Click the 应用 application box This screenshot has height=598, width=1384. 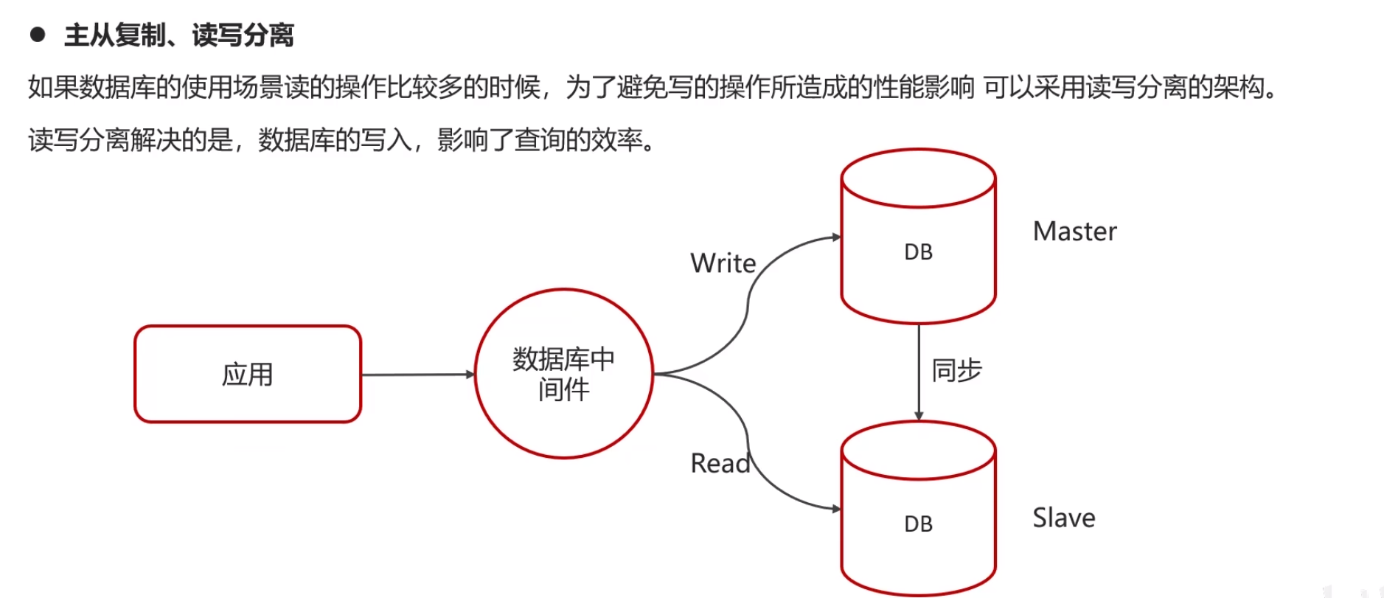[x=248, y=374]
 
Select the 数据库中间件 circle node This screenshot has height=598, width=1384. [x=564, y=374]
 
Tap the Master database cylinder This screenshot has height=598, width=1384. [x=918, y=236]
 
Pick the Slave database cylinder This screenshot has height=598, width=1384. [x=918, y=509]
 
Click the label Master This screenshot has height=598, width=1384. [x=1074, y=232]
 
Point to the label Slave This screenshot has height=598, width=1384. [x=1063, y=518]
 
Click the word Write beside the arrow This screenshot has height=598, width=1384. [x=723, y=263]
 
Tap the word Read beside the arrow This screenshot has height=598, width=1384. [x=720, y=464]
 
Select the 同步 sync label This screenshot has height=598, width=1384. [x=956, y=370]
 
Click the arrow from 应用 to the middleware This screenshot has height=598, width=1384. [x=417, y=375]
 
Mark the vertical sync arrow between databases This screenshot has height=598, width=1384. [x=919, y=372]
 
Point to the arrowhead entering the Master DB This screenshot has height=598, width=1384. [x=836, y=237]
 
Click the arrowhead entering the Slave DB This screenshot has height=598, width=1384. [x=836, y=509]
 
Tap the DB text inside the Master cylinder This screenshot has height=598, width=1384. [x=918, y=252]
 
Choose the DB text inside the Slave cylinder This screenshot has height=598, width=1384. [x=918, y=524]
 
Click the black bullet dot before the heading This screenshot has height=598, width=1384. [x=38, y=34]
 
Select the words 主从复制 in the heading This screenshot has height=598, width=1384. [x=114, y=35]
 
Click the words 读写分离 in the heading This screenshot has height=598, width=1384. [x=243, y=35]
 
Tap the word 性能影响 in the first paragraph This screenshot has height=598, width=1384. [x=924, y=88]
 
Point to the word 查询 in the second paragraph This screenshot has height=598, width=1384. [x=539, y=139]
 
